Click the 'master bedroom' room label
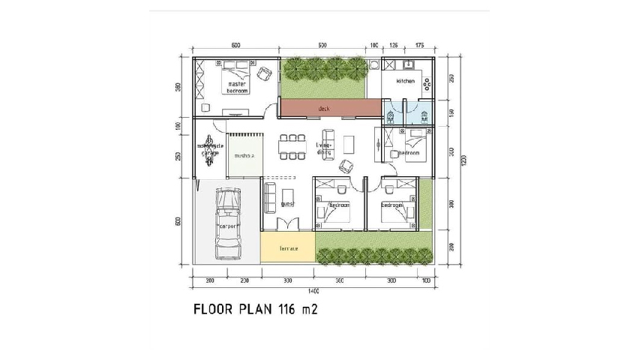pos(237,87)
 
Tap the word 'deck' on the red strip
pos(324,109)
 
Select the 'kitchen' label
pos(405,81)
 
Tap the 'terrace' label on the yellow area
pos(289,248)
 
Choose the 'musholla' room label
pos(244,156)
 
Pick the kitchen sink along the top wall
pos(409,63)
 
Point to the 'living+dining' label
pos(324,148)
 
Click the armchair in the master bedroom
pos(264,73)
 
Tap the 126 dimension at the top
pos(393,46)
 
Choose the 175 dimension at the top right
pos(419,46)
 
